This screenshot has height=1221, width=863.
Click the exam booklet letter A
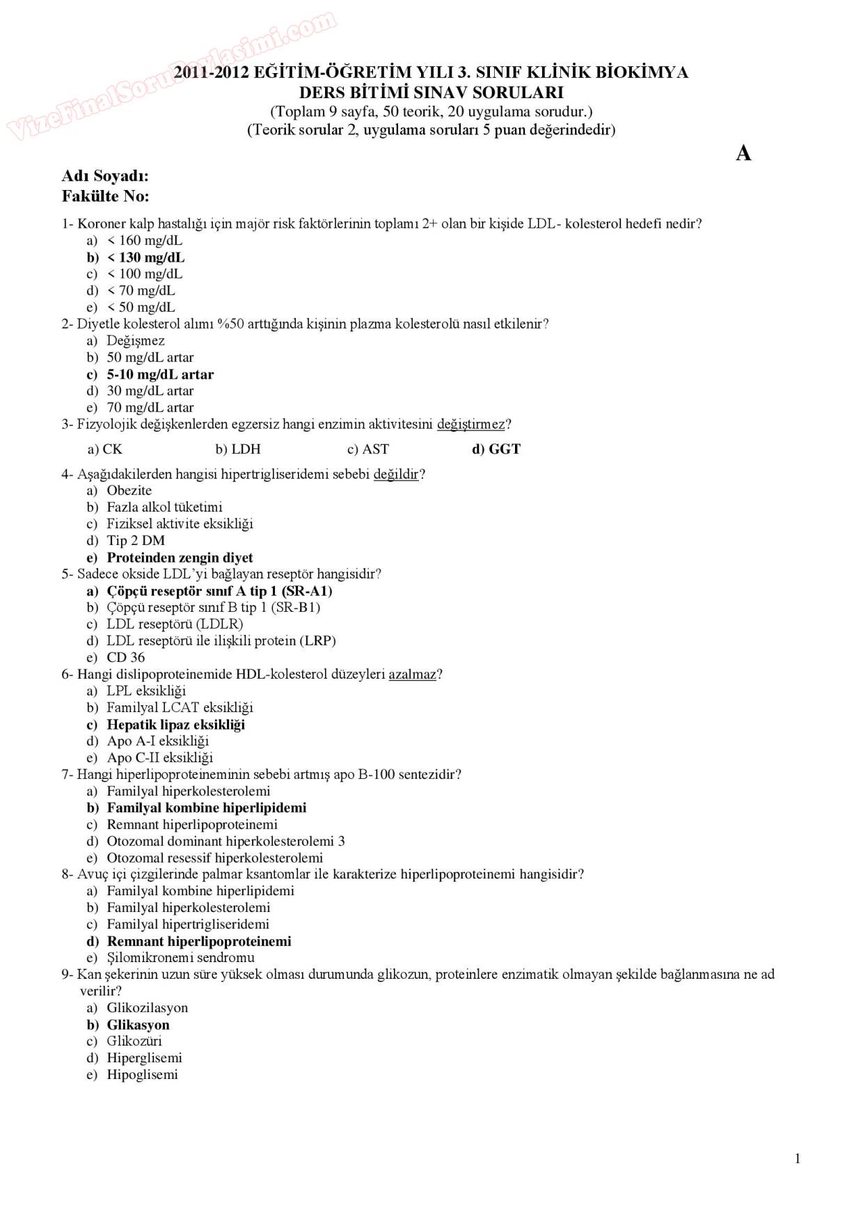click(x=743, y=153)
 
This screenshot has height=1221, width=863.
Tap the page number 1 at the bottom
click(x=798, y=1158)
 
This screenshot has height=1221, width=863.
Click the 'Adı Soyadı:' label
click(x=105, y=176)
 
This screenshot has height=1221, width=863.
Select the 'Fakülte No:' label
click(x=105, y=196)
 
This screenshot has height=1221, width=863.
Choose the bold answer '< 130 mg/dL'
click(x=145, y=258)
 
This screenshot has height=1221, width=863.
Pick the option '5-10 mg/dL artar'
click(x=160, y=375)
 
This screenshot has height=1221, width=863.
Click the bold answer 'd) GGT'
click(x=496, y=450)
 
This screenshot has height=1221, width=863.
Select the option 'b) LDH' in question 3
click(x=238, y=450)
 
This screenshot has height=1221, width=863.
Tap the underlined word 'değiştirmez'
click(x=471, y=424)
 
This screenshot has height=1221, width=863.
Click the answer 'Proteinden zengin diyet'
click(x=180, y=558)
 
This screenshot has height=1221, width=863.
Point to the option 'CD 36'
click(x=126, y=658)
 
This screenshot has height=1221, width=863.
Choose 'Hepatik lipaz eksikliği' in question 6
click(x=175, y=725)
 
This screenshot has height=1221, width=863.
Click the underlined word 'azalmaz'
click(x=413, y=674)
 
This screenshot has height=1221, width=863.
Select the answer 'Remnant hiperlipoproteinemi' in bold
click(x=199, y=942)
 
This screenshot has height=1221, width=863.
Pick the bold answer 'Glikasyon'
click(x=138, y=1025)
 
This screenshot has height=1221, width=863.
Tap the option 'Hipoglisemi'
click(x=142, y=1075)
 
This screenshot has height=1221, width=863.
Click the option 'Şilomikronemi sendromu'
click(x=180, y=958)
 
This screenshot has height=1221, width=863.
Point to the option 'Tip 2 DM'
click(x=136, y=541)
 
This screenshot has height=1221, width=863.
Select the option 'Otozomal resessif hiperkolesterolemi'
click(x=214, y=858)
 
